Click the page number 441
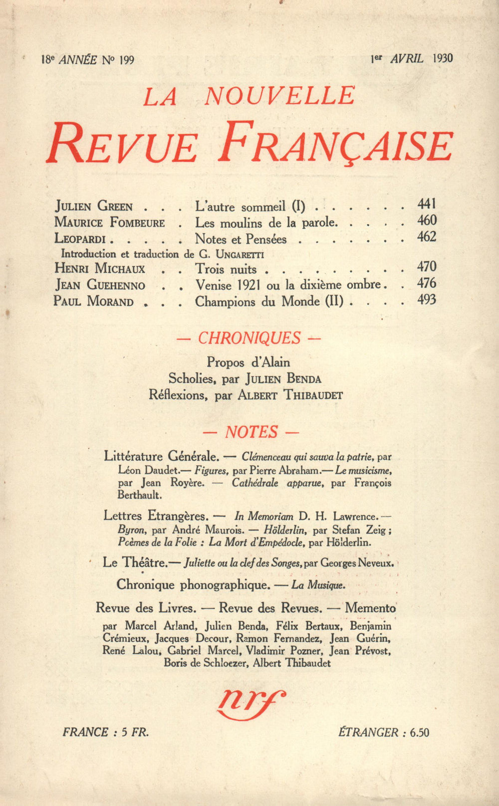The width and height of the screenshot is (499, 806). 427,204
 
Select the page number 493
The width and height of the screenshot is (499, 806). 427,300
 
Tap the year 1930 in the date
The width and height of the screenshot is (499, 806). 443,58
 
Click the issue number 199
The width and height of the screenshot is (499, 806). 127,60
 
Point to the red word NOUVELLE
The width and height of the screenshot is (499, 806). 279,96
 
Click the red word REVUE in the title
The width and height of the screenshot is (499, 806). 122,144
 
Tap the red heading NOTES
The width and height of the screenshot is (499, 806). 251,432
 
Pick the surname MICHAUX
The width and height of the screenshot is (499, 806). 120,269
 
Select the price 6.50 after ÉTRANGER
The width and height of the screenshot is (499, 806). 419,733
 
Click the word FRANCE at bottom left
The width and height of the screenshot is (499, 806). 85,732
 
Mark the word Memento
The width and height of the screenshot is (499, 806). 370,608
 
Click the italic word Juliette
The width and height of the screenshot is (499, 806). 200,563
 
